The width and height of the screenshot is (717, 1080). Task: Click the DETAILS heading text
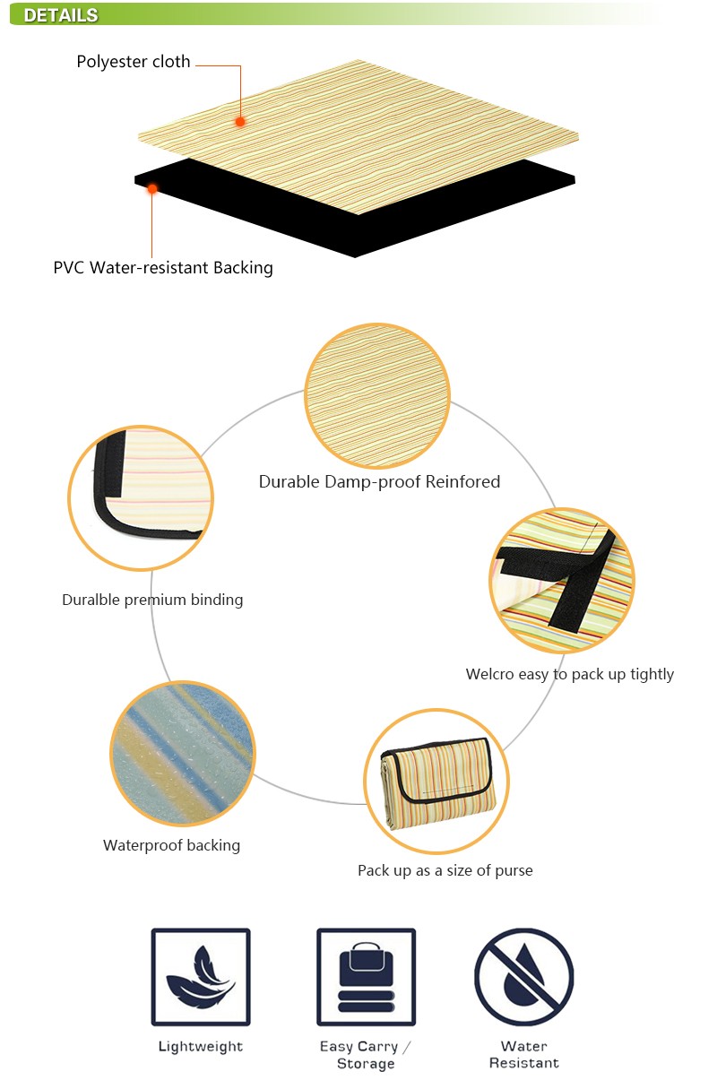coord(61,15)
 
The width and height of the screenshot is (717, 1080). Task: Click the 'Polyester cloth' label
coord(134,62)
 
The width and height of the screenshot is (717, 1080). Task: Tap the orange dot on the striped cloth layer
coord(239,122)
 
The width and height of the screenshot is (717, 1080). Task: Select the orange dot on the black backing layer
coord(151,188)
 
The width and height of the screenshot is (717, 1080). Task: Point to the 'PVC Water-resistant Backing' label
coord(163,268)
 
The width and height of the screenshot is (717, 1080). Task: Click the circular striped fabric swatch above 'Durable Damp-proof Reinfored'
coord(377,395)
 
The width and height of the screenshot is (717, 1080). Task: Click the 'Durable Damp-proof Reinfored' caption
coord(379,481)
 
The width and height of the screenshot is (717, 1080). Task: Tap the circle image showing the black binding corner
coord(141,498)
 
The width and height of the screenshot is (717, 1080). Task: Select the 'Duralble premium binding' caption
coord(152,600)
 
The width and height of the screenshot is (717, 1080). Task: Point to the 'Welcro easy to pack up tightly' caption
coord(569,675)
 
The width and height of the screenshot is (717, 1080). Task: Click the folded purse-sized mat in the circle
coord(436,782)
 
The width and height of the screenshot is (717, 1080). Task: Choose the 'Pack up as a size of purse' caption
coord(445,871)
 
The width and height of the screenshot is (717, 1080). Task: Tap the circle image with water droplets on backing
coord(183,753)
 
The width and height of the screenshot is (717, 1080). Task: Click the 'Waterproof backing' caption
coord(172,846)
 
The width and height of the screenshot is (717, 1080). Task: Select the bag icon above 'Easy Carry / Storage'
coord(366,977)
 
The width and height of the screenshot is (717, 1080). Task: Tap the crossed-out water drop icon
coord(524,977)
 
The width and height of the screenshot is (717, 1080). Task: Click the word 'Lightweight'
coord(201,1046)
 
